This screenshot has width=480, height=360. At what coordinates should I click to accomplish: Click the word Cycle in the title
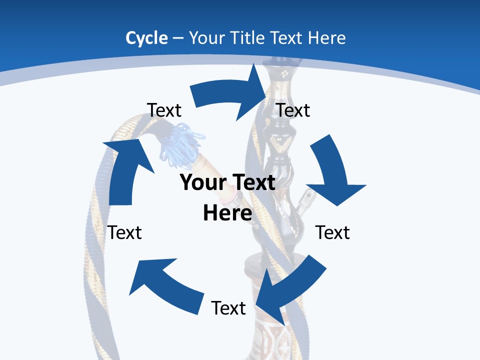(146, 38)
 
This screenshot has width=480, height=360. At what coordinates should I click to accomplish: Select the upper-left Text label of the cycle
(164, 110)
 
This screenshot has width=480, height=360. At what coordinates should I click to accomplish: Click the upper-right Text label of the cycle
(293, 110)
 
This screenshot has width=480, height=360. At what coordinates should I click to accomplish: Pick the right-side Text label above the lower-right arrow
(332, 232)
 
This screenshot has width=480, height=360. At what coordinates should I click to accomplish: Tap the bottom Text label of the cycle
(228, 308)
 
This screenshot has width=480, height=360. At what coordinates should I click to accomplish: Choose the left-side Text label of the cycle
(125, 232)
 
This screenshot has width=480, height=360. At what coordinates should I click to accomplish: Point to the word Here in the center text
(227, 213)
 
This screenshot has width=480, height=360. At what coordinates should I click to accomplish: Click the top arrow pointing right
(230, 95)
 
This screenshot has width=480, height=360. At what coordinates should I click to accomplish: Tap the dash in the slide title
(178, 38)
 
